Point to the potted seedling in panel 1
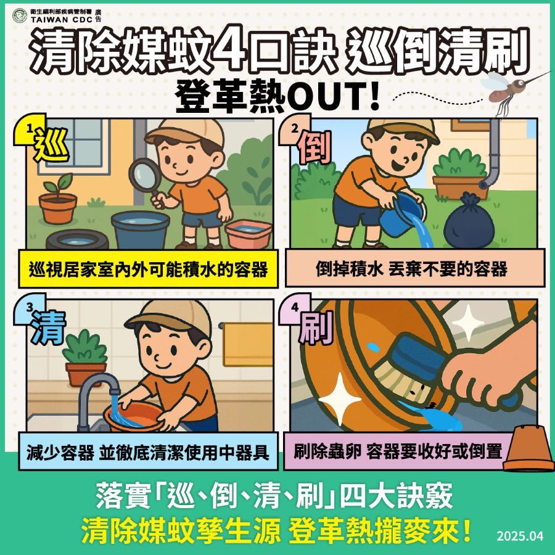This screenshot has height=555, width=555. pos(57,200)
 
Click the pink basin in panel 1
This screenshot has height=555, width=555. pos(248,232)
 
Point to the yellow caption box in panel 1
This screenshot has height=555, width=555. pos(146,269)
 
